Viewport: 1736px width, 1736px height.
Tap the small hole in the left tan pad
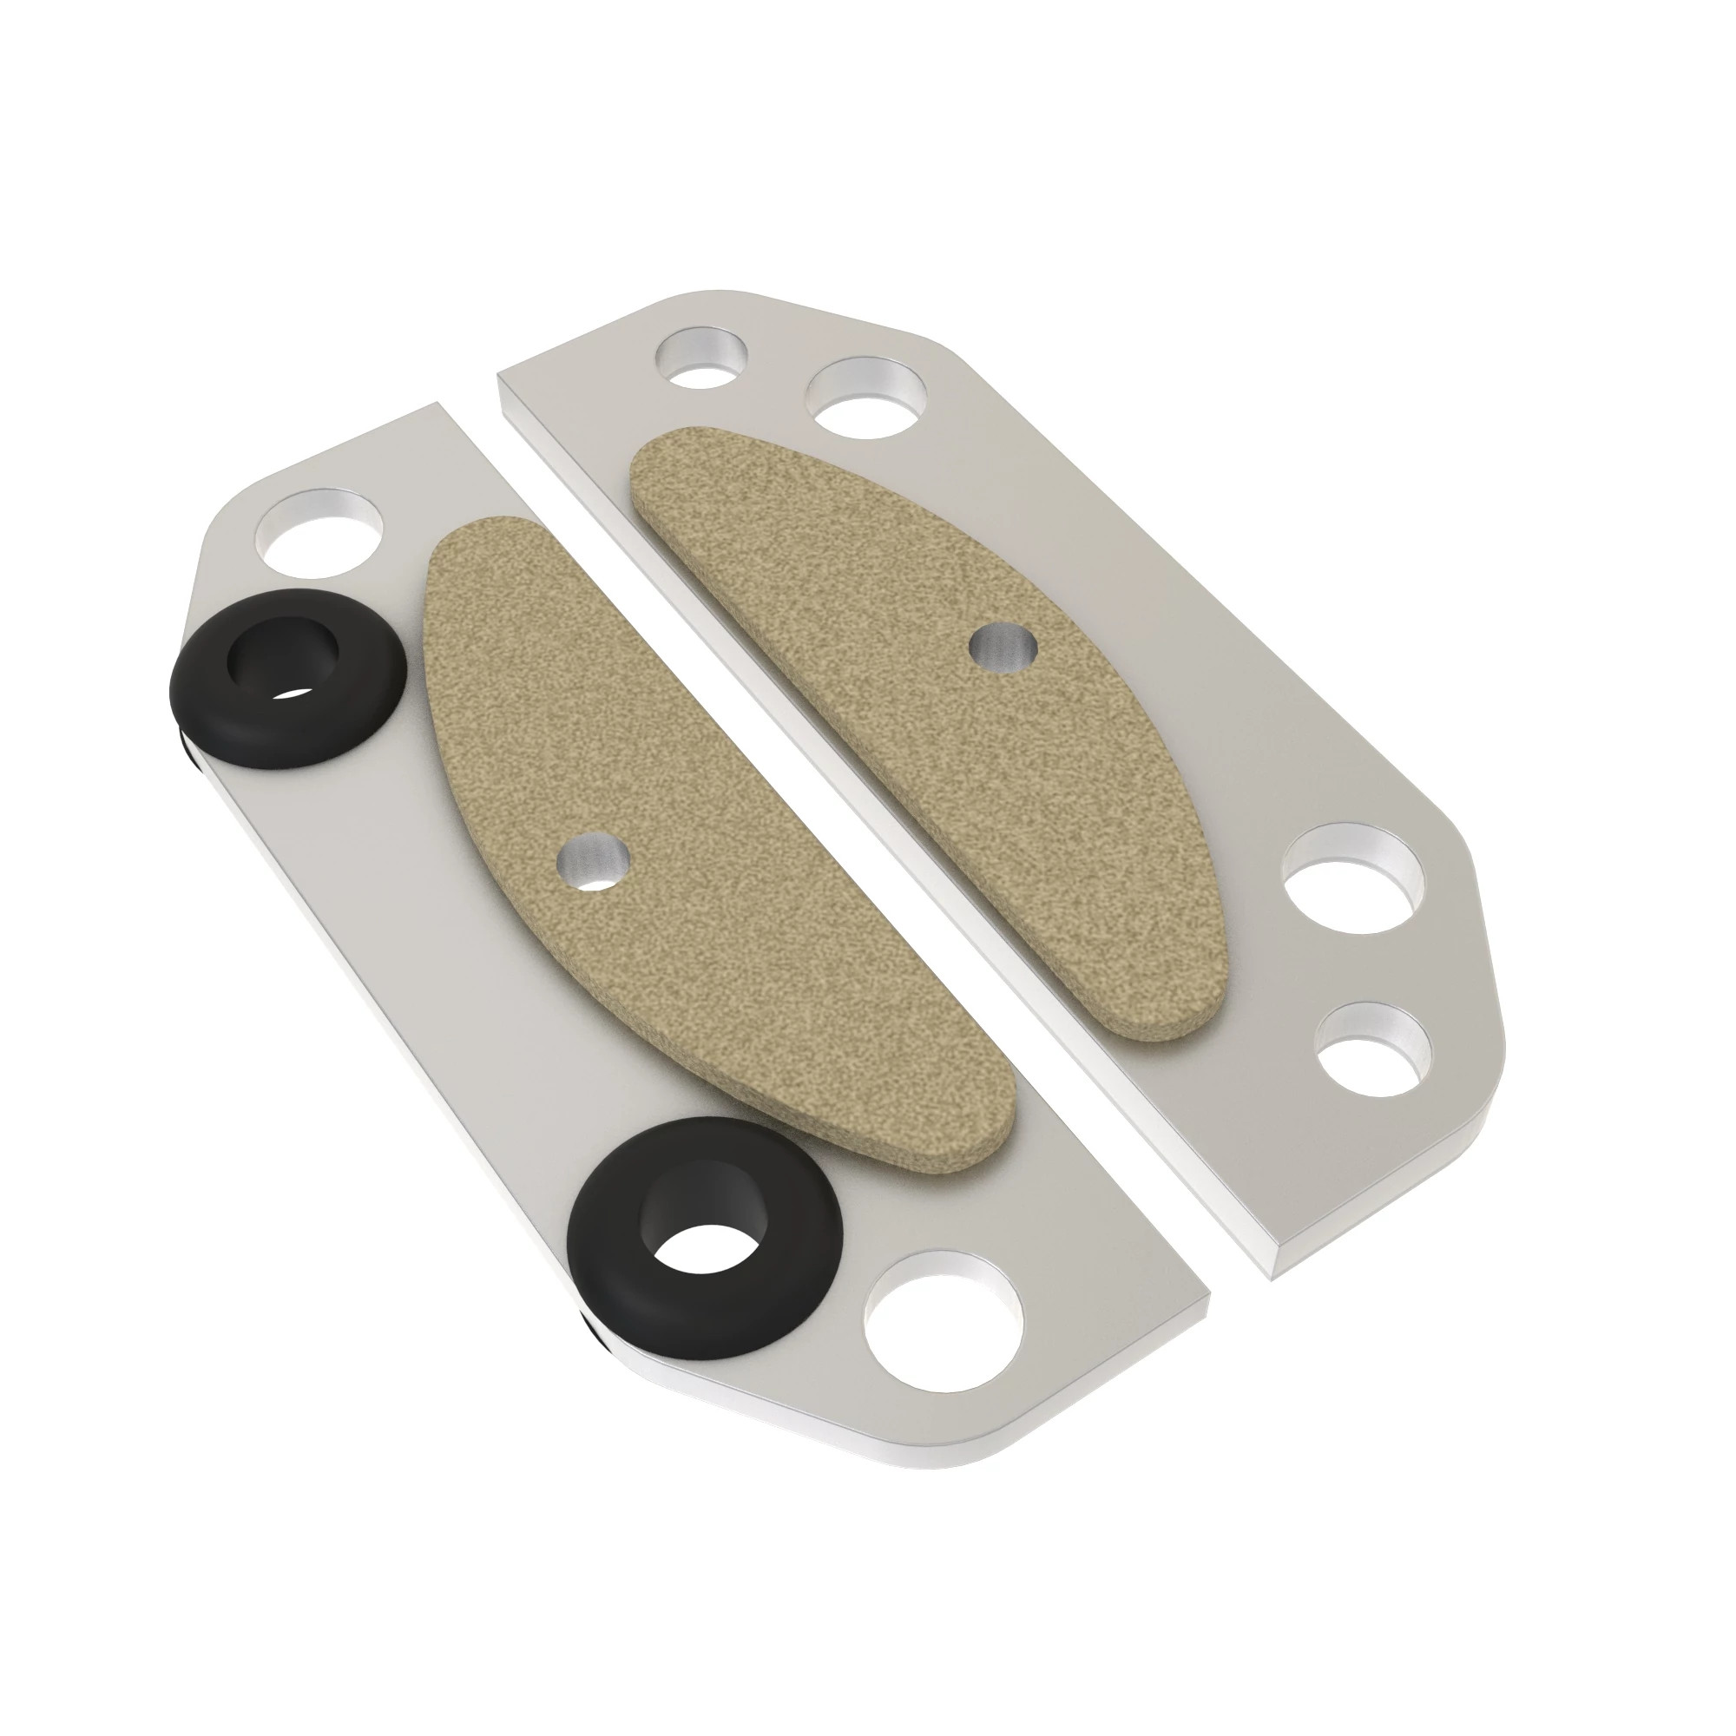point(593,858)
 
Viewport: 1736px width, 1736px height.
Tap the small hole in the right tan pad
point(1004,647)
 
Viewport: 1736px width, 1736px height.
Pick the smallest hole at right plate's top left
point(703,358)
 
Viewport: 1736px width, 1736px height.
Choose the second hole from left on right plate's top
point(867,398)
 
